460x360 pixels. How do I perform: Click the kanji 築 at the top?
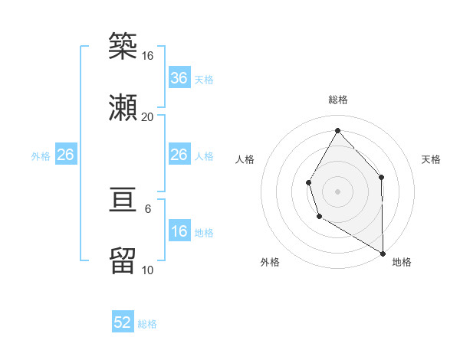tap(123, 47)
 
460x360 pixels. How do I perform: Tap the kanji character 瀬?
tap(123, 106)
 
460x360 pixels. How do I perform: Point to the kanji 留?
tap(123, 261)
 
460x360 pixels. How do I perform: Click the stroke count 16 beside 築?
tap(148, 56)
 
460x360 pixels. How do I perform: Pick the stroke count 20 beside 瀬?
tap(148, 116)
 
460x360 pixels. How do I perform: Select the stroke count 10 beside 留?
tap(148, 270)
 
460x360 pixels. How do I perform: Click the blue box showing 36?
tap(179, 78)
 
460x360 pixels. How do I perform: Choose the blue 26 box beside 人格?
tap(179, 155)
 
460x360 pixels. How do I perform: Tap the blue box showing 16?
tap(179, 231)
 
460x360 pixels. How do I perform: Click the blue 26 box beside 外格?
tap(65, 155)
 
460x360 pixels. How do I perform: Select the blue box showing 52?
tap(123, 322)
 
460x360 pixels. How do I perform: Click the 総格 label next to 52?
tap(147, 324)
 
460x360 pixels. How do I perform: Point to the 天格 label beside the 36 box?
tap(204, 80)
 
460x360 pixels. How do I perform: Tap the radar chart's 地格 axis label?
tap(402, 262)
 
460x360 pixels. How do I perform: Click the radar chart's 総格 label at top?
tap(337, 100)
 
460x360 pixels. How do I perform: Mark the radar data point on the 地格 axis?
tap(383, 253)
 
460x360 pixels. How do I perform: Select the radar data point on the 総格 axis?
tap(337, 130)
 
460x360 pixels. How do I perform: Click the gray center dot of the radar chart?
tap(337, 191)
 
